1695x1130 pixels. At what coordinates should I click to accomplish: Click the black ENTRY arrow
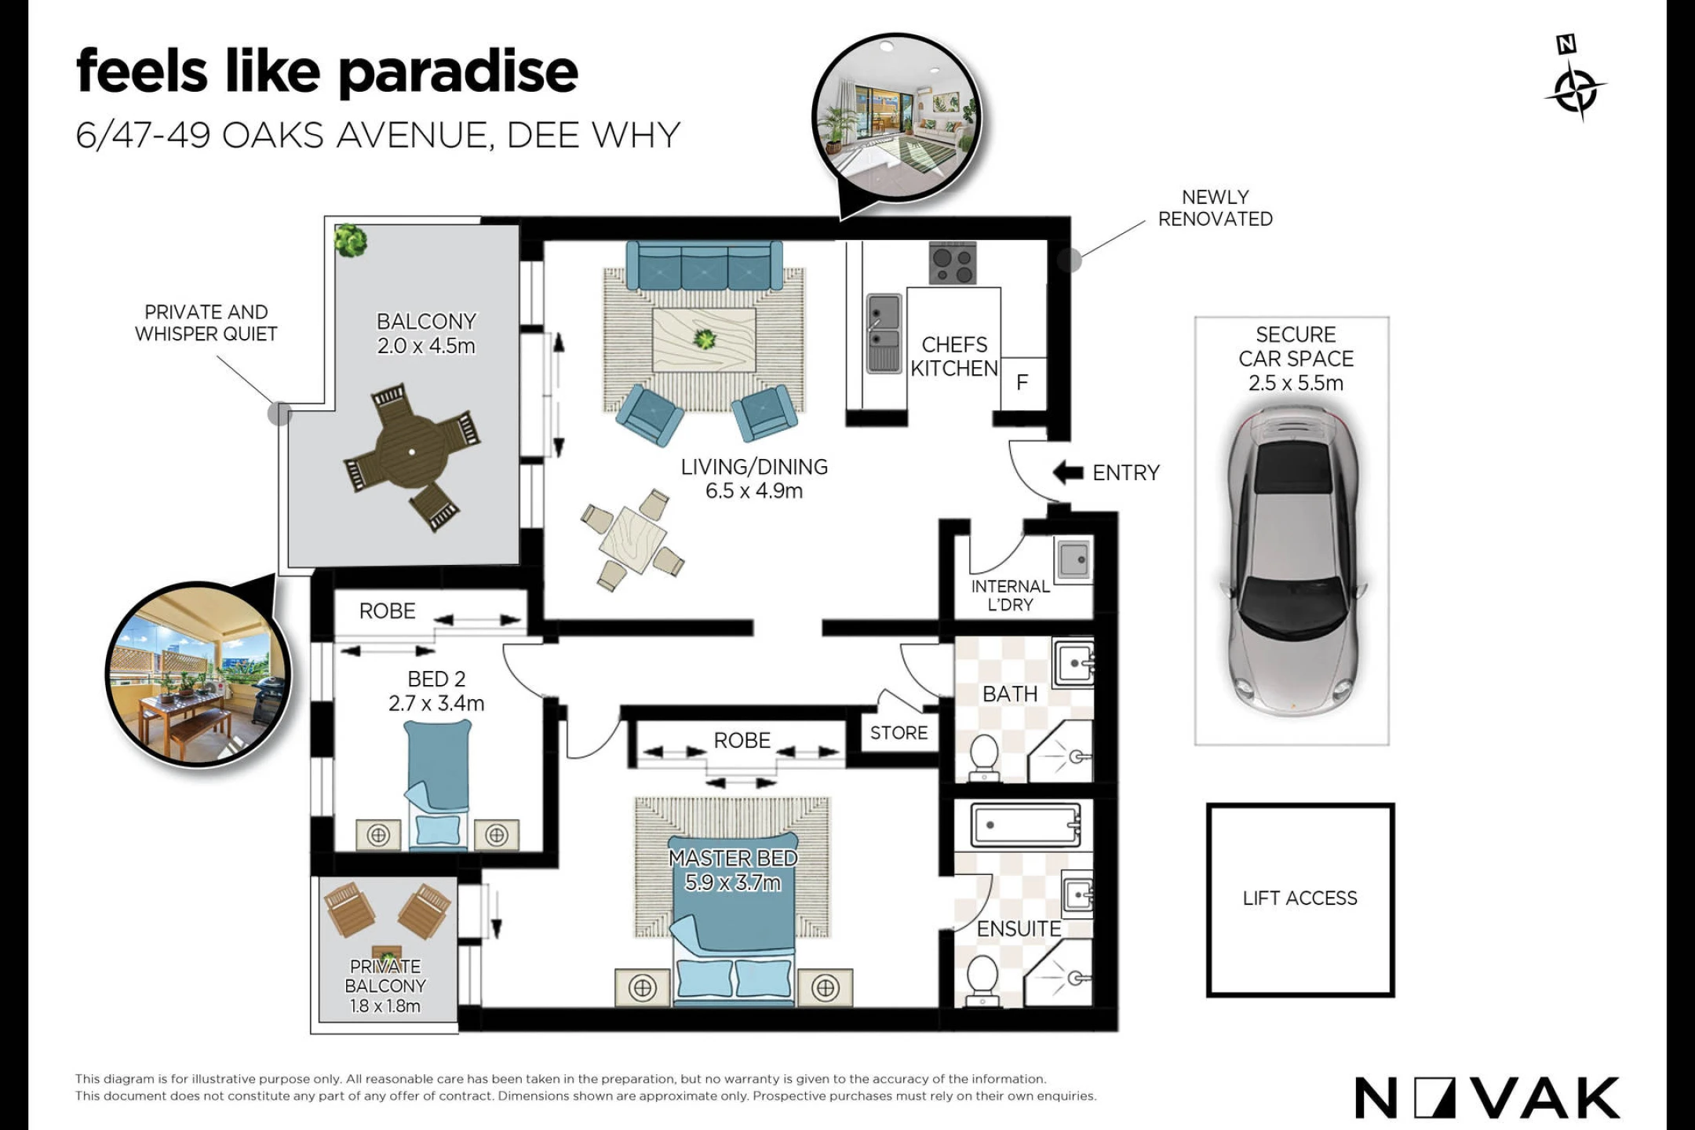[x=1067, y=472]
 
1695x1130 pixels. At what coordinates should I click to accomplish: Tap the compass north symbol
[x=1574, y=78]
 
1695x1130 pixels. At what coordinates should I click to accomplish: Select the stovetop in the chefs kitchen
[x=953, y=263]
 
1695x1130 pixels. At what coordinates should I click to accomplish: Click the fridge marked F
[x=1022, y=383]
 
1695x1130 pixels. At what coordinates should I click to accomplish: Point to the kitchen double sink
[x=884, y=334]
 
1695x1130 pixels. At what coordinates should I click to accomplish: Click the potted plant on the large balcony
[x=350, y=240]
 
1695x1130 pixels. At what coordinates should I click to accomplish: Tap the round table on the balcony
[x=411, y=451]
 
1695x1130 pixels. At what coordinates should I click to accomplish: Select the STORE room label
[x=899, y=733]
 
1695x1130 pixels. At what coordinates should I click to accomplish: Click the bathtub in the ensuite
[x=1026, y=825]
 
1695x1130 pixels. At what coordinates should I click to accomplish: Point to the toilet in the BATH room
[x=983, y=757]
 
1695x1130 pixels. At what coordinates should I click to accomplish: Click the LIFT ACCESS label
[x=1299, y=899]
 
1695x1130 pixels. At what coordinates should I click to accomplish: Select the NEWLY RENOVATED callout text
[x=1216, y=208]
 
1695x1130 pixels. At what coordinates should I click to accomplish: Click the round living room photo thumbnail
[x=896, y=118]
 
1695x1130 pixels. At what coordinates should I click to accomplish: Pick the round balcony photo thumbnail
[x=198, y=674]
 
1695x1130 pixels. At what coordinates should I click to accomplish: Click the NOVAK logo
[x=1487, y=1098]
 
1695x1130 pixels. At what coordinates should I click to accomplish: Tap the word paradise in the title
[x=458, y=73]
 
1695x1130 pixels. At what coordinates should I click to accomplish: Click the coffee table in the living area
[x=704, y=339]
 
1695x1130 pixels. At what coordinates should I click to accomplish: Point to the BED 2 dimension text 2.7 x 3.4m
[x=436, y=703]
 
